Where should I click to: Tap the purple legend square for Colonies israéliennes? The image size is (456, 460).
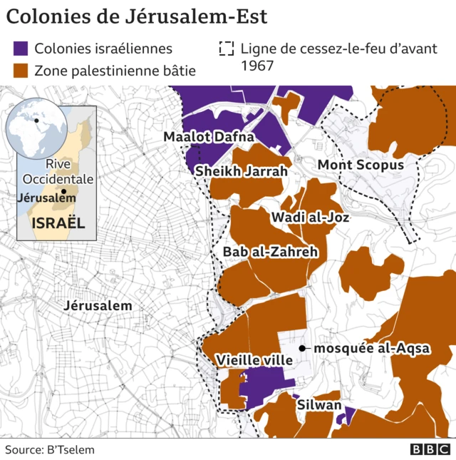21,49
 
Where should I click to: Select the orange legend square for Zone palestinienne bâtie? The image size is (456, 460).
21,70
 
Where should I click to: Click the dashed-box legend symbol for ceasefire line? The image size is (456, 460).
227,49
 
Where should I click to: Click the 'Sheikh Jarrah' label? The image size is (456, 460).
241,171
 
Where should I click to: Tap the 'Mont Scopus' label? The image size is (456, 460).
361,165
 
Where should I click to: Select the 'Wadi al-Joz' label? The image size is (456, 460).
310,218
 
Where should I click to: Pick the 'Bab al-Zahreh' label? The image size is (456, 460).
270,252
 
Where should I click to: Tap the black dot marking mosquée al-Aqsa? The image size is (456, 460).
303,349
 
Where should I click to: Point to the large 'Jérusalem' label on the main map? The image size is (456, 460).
98,305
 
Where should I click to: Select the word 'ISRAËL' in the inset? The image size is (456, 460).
58,223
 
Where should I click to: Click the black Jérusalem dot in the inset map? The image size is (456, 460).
63,191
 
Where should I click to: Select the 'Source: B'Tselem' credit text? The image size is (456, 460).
50,449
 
